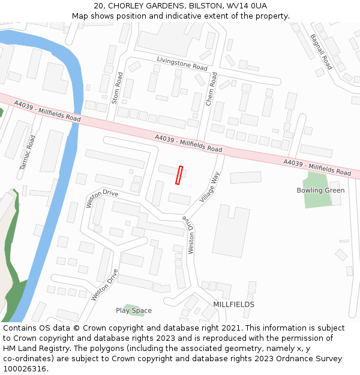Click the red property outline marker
(x=179, y=175)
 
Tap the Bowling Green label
(x=320, y=191)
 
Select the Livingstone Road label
(x=182, y=64)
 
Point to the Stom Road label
(x=117, y=88)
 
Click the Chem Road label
(x=211, y=90)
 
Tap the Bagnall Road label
(x=321, y=52)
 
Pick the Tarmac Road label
(x=28, y=152)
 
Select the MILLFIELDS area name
(x=233, y=305)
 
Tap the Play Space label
(x=134, y=311)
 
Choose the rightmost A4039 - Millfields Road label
(x=317, y=167)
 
